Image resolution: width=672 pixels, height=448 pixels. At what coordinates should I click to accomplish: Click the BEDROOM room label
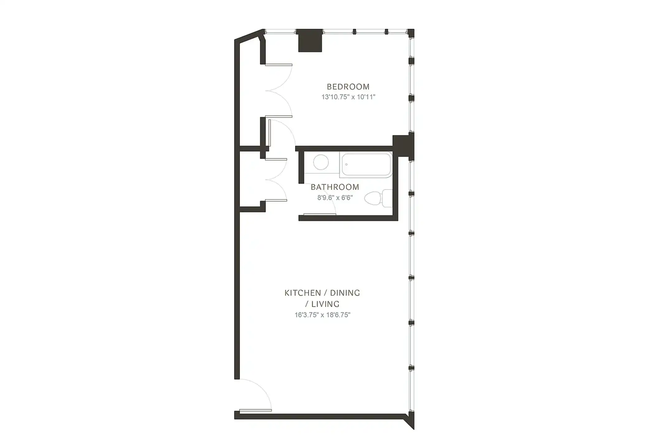[348, 87]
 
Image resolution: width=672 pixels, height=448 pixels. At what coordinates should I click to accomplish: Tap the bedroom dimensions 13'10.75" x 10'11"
[348, 97]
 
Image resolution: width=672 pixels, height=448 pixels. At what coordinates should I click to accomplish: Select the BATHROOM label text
[335, 187]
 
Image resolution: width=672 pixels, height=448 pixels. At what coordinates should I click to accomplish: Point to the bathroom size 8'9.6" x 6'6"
[335, 198]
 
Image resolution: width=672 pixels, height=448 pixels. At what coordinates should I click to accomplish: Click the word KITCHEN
[298, 293]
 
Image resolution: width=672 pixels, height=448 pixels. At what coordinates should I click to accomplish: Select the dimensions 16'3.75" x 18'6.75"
[322, 315]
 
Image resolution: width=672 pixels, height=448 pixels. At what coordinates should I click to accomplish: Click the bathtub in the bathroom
[366, 165]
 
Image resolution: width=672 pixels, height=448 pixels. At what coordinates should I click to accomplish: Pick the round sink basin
[321, 162]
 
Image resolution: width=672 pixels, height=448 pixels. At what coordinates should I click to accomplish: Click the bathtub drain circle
[346, 165]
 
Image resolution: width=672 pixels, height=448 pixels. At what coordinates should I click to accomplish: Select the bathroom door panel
[319, 214]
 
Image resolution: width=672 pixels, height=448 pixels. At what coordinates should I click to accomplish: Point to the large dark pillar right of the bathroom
[403, 146]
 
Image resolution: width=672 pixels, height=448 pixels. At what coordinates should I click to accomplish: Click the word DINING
[345, 293]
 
